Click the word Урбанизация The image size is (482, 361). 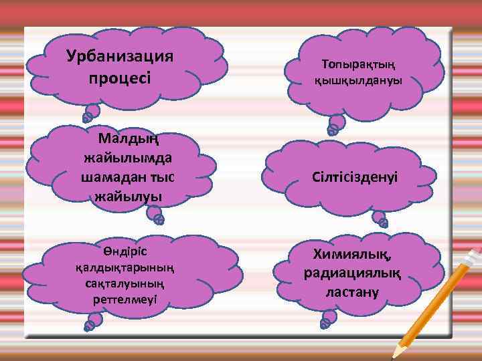(120, 55)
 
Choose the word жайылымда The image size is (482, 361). (127, 158)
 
